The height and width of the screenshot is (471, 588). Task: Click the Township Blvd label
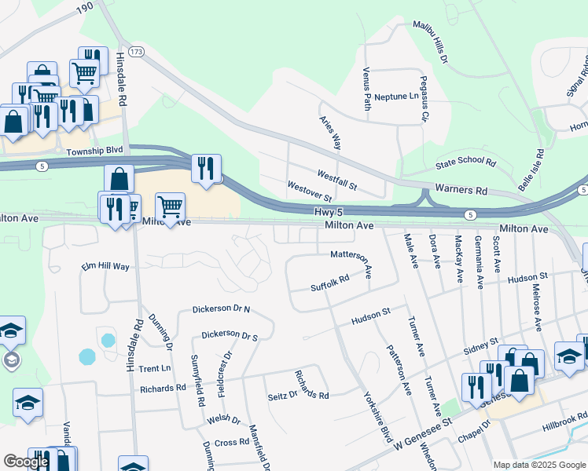point(95,150)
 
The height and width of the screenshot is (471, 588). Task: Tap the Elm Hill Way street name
point(105,267)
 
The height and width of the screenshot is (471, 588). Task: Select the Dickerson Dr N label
point(221,309)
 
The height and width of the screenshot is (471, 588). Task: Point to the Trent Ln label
point(154,368)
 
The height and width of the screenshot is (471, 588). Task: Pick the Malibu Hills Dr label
point(431,42)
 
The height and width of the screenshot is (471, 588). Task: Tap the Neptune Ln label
point(397,96)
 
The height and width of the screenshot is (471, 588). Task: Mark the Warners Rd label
point(461,190)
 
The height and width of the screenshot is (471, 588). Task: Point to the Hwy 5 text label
point(329,212)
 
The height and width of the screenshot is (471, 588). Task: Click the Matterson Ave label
point(355,254)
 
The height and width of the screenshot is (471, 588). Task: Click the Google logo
point(26,462)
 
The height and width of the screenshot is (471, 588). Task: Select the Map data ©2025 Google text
point(538,465)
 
